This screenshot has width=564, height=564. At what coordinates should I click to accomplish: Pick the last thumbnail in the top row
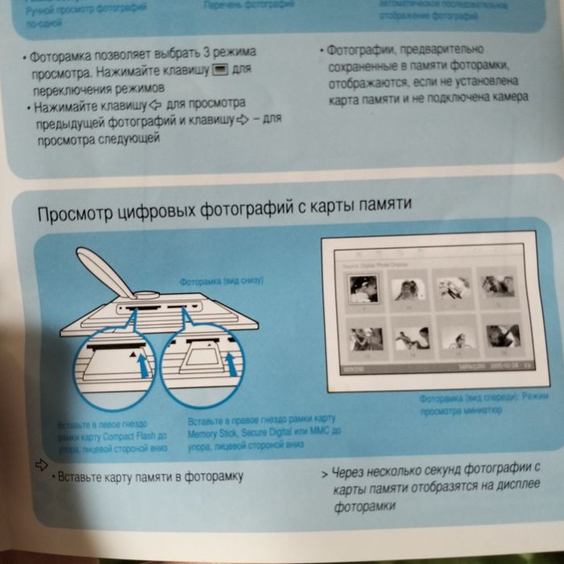coord(496,284)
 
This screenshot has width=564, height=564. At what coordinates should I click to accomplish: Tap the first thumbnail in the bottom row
coord(361,336)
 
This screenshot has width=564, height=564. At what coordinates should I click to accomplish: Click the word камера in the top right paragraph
coord(509,97)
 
